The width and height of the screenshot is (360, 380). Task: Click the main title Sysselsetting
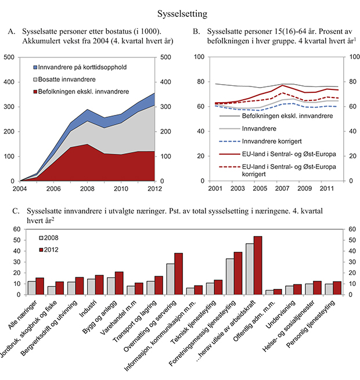tap(179, 12)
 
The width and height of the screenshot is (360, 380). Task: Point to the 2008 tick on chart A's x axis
tap(87, 189)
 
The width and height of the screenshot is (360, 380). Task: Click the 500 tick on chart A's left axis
tap(10, 57)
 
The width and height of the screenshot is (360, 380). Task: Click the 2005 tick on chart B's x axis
tap(260, 189)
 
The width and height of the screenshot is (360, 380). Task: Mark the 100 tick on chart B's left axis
tap(199, 57)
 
